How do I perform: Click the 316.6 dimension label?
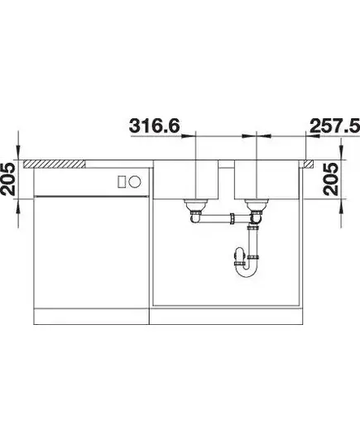point(155,126)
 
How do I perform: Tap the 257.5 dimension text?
point(335,126)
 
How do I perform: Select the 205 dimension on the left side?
point(8,179)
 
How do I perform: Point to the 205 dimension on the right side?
point(331,179)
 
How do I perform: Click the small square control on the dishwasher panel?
point(122,181)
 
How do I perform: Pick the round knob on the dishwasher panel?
point(134,181)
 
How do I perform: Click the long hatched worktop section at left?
point(54,164)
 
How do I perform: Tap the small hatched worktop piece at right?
point(309,164)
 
